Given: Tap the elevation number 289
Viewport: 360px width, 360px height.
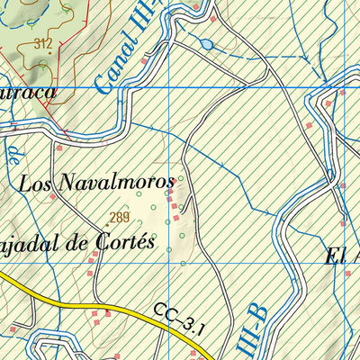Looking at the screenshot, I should (x=121, y=216).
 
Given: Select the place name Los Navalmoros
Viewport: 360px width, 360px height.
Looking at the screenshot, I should (x=95, y=183).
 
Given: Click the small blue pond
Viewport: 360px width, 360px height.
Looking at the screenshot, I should (x=206, y=43).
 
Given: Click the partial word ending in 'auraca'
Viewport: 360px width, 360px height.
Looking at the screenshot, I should (x=27, y=92).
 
